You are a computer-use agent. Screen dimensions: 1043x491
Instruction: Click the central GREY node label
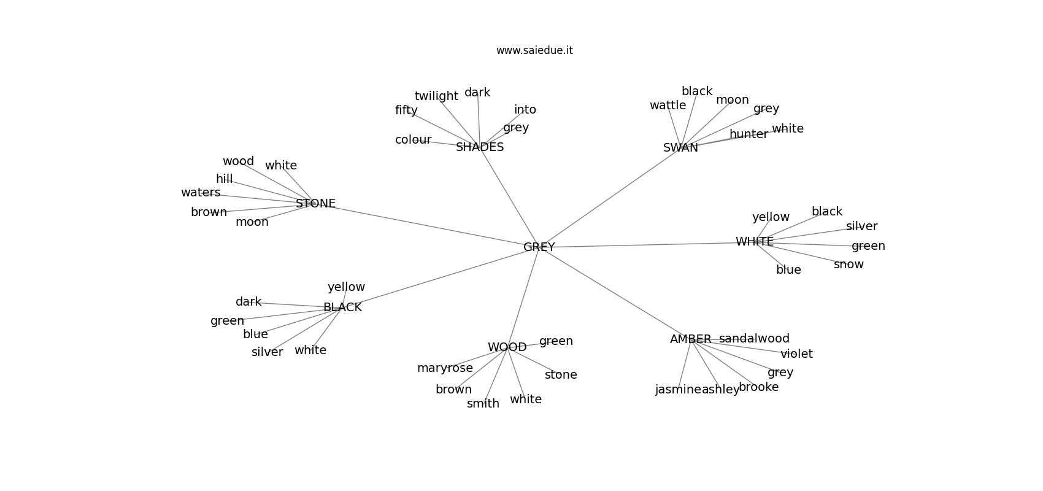coord(539,247)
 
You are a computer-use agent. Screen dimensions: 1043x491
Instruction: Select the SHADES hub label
coord(480,147)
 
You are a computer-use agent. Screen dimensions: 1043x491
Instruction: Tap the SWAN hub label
coord(680,148)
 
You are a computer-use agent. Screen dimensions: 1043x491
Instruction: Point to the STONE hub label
coord(316,204)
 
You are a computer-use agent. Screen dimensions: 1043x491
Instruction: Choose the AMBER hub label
coord(690,339)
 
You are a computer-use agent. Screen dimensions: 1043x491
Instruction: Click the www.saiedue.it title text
coord(534,50)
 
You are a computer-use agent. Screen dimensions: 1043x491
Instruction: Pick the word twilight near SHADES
coord(436,96)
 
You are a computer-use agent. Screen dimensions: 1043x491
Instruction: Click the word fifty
coord(406,110)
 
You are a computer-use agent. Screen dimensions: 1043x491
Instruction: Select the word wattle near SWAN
coord(668,106)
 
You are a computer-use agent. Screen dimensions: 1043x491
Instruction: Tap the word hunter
coord(749,134)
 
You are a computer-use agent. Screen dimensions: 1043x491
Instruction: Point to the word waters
coord(201,192)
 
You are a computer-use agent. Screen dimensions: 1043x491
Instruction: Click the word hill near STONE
coord(224,179)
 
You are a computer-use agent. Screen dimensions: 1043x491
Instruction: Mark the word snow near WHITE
coord(849,265)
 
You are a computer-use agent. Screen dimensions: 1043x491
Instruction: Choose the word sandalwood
coord(754,338)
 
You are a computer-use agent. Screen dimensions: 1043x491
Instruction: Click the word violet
coord(797,354)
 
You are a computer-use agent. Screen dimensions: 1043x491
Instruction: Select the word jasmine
coord(678,390)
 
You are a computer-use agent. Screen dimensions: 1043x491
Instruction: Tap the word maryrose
coord(445,368)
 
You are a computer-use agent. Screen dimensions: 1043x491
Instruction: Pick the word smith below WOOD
coord(483,403)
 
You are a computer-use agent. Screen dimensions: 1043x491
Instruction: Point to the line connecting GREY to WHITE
coord(647,244)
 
